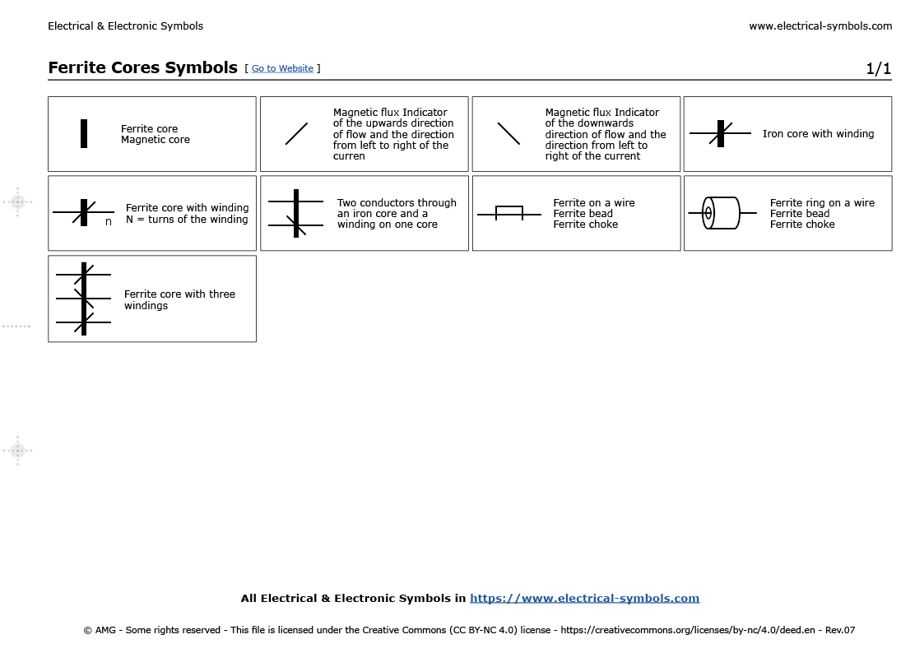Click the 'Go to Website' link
pos(282,69)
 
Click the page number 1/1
pos(878,69)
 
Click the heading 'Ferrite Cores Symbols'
pos(142,68)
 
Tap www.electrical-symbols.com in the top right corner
pos(820,26)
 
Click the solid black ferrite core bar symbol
pos(84,134)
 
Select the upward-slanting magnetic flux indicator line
pos(296,134)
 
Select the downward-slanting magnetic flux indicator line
pos(508,133)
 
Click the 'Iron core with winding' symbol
pos(721,133)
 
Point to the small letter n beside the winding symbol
pos(108,222)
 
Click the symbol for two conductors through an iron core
pos(296,213)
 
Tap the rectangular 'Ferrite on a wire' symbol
pos(508,213)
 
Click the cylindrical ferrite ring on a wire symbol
pos(722,213)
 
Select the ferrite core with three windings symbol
pos(83,299)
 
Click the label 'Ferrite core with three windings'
pos(179,300)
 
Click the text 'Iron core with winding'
pos(818,134)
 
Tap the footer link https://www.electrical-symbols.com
pos(584,599)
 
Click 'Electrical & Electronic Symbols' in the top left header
pos(125,26)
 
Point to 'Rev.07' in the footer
pos(840,631)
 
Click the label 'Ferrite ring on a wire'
pos(822,203)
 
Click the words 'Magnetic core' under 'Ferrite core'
pos(155,140)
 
